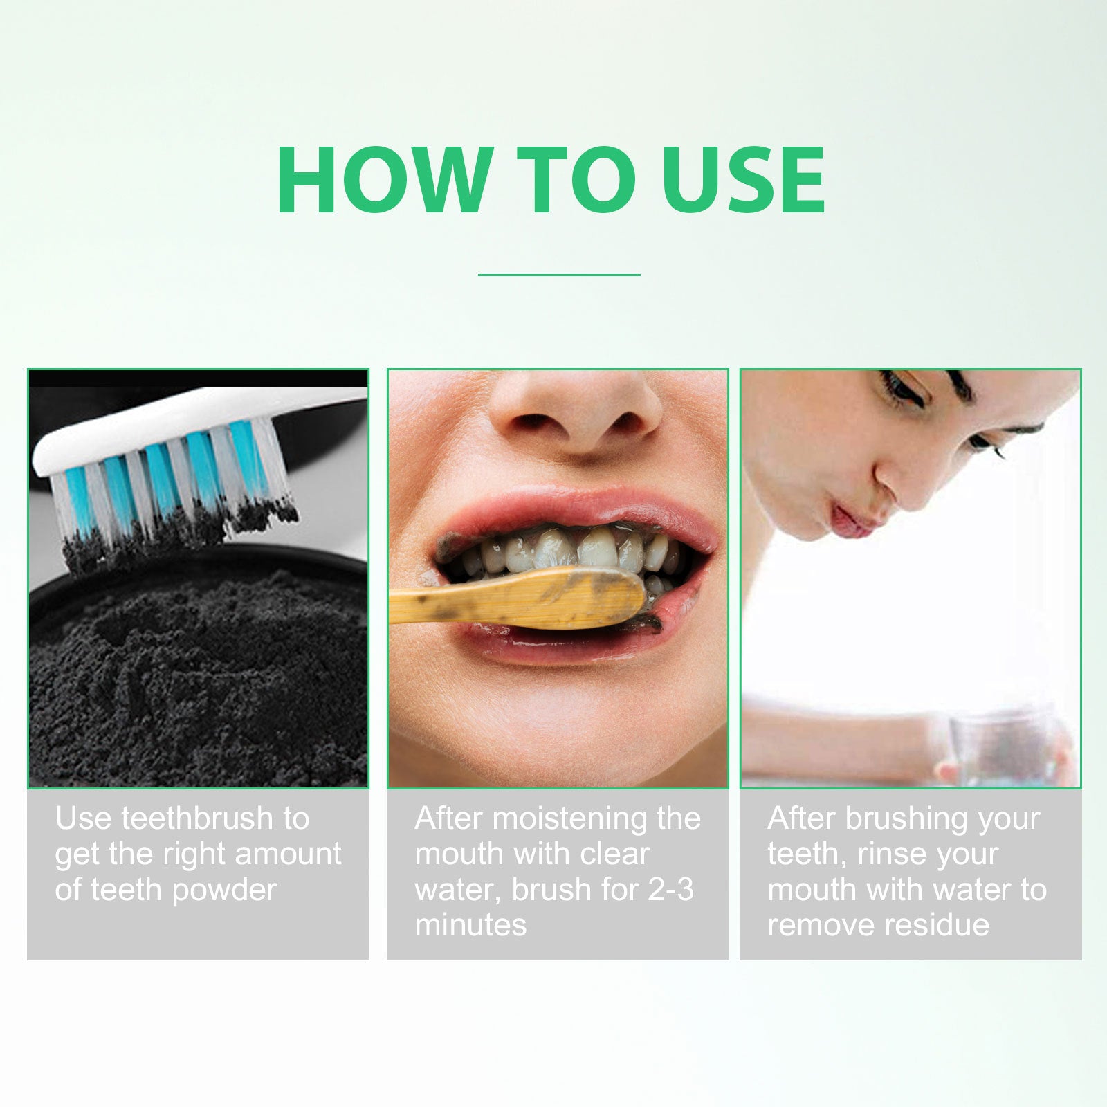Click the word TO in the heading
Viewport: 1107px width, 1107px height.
click(576, 180)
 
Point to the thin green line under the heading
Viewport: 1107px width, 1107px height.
click(559, 275)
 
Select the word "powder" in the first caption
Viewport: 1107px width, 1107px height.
click(225, 890)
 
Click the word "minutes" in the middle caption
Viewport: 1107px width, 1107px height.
click(470, 924)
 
